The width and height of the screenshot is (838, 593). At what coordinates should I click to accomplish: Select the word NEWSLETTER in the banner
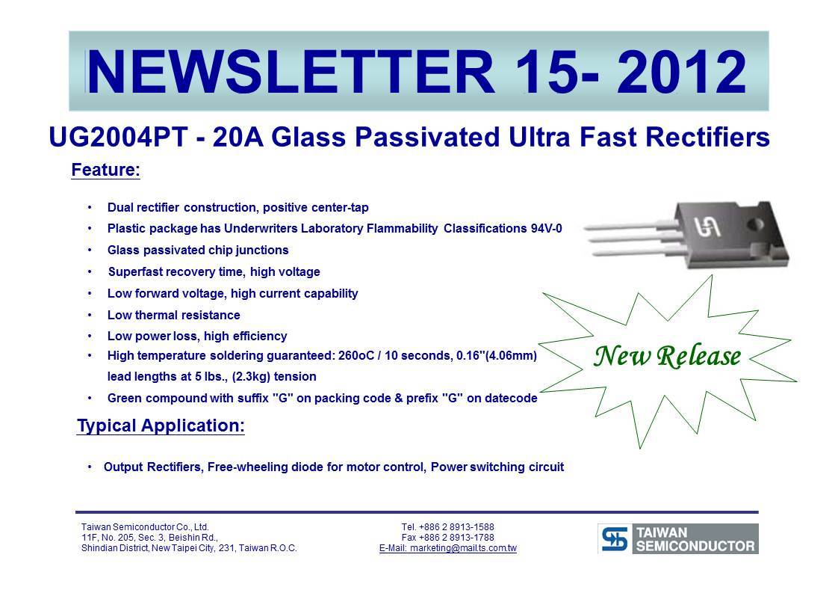tap(291, 72)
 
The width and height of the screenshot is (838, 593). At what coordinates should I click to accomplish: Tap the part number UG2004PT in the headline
tap(118, 137)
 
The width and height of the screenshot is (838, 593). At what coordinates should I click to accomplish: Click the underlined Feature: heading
tap(106, 170)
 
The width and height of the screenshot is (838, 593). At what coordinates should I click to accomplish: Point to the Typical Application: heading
tap(161, 426)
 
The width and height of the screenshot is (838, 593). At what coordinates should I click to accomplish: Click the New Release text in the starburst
tap(668, 357)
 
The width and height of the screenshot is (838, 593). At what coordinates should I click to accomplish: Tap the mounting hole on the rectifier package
tap(754, 224)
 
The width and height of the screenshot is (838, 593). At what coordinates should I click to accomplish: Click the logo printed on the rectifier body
tap(707, 227)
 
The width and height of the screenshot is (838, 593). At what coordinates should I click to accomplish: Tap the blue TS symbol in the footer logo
tap(615, 538)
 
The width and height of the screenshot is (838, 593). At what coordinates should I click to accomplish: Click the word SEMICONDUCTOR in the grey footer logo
tap(695, 546)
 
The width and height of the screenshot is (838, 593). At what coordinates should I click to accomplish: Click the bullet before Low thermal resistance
tap(90, 315)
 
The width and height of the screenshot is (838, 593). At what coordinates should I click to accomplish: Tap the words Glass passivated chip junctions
tap(198, 251)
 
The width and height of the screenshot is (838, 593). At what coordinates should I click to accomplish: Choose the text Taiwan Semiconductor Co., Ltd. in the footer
tap(145, 526)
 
